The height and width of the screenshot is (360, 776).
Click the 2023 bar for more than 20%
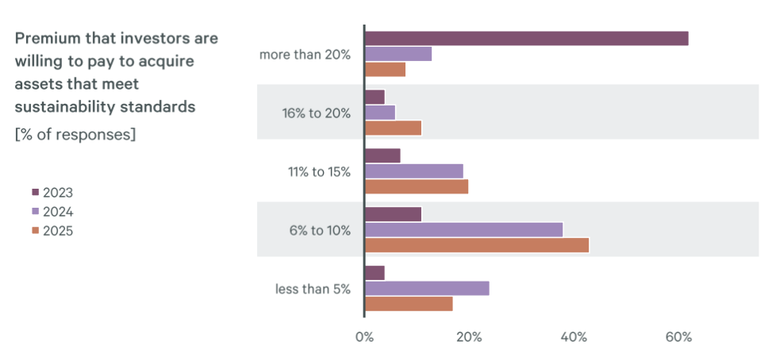click(x=526, y=38)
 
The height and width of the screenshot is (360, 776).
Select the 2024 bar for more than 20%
click(x=398, y=54)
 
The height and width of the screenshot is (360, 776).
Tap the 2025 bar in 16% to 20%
click(x=393, y=128)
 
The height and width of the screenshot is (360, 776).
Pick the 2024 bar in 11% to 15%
click(x=413, y=171)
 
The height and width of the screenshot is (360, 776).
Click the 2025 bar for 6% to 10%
click(x=477, y=245)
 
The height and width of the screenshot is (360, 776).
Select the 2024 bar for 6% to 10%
click(x=463, y=230)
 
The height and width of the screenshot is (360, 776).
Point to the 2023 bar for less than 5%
click(x=375, y=273)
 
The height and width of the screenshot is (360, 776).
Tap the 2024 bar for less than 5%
click(x=427, y=289)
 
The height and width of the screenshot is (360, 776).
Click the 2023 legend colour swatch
click(x=35, y=193)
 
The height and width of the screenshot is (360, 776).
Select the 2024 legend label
click(x=58, y=212)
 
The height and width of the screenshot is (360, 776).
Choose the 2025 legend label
click(x=58, y=231)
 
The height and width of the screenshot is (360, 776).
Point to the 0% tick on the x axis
click(x=364, y=337)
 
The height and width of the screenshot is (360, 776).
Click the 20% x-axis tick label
click(x=469, y=337)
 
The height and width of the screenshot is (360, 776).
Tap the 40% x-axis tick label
click(x=574, y=337)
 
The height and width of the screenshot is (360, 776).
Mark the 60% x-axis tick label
click(x=678, y=337)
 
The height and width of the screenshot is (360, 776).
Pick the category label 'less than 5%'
click(x=313, y=289)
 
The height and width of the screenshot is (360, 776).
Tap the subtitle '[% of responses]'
click(x=75, y=134)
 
